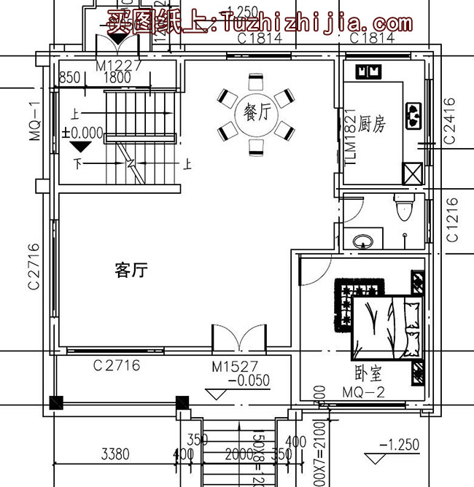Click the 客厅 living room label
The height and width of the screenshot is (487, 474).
(x=131, y=271)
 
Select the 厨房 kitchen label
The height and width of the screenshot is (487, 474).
(x=373, y=125)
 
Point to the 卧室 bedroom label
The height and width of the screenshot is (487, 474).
(x=368, y=375)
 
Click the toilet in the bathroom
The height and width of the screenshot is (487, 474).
(x=401, y=210)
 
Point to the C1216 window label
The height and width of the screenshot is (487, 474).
(x=451, y=219)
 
